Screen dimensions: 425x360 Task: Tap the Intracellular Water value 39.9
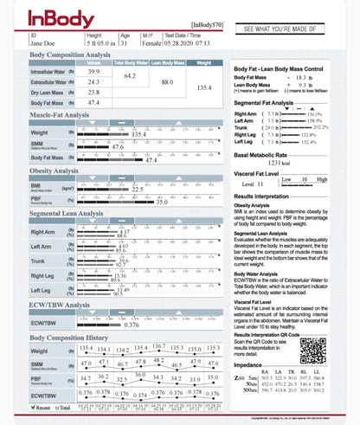coord(93,72)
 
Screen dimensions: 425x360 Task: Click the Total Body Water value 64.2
coord(130,77)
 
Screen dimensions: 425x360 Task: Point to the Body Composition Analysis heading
coord(70,55)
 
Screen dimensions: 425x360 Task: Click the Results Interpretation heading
coord(266,196)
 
